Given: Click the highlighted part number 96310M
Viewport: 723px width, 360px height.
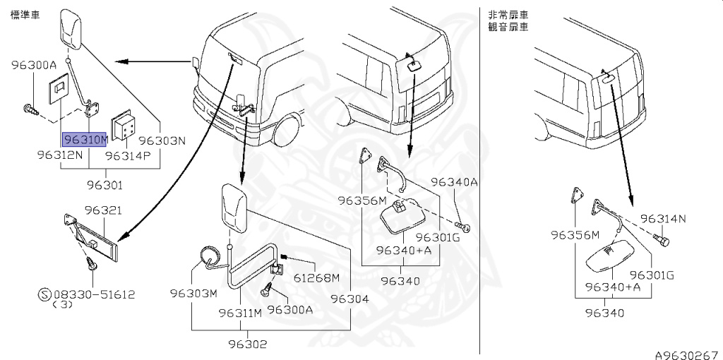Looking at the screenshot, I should [x=85, y=139].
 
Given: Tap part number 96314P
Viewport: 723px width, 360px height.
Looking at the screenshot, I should [x=128, y=154].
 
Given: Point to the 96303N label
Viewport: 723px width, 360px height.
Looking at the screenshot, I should [x=162, y=140].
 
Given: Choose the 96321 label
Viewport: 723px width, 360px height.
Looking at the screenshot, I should [x=104, y=210].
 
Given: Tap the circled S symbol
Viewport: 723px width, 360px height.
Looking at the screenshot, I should [x=43, y=294].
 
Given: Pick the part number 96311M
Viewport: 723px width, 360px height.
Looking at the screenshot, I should [x=240, y=313].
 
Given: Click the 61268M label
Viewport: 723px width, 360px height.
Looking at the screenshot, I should [x=316, y=277].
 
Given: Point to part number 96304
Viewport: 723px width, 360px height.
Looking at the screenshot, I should [x=349, y=299].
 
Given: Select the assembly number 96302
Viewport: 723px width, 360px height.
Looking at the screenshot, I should [x=247, y=344].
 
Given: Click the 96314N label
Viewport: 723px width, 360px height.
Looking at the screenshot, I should [x=663, y=218].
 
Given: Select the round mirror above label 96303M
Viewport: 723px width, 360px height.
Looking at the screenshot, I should [x=209, y=258].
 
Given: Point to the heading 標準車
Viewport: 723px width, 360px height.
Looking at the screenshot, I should [x=24, y=14].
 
